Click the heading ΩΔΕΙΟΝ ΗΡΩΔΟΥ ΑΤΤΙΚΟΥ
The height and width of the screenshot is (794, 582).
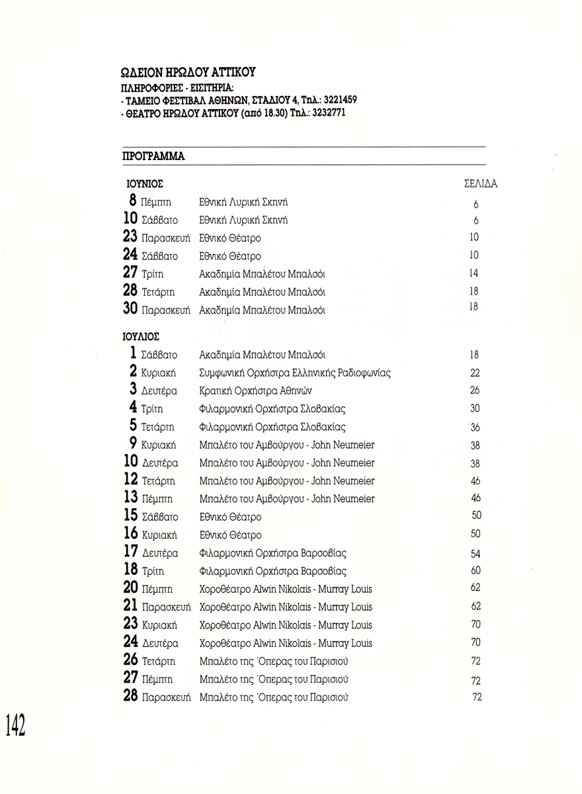pos(188,72)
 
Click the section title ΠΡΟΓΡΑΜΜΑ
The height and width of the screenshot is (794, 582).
pos(153,157)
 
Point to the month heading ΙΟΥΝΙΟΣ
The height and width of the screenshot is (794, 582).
pos(145,184)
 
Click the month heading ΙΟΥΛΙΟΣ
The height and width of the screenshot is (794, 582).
pos(142,336)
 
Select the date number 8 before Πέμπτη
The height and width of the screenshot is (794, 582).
pos(133,201)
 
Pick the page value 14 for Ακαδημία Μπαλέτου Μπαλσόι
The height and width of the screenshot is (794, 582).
pos(474,273)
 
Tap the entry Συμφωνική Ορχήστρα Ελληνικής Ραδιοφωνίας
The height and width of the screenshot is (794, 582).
pos(295,373)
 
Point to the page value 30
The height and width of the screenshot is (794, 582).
pos(474,409)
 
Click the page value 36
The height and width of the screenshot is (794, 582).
pos(475,427)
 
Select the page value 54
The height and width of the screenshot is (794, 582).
pos(476,554)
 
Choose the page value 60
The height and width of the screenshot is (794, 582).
pos(476,570)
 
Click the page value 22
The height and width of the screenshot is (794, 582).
pos(475,373)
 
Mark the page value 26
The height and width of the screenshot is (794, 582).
pos(475,390)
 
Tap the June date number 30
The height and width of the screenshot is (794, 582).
pos(130,309)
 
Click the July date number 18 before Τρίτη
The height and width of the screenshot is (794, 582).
pos(130,570)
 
